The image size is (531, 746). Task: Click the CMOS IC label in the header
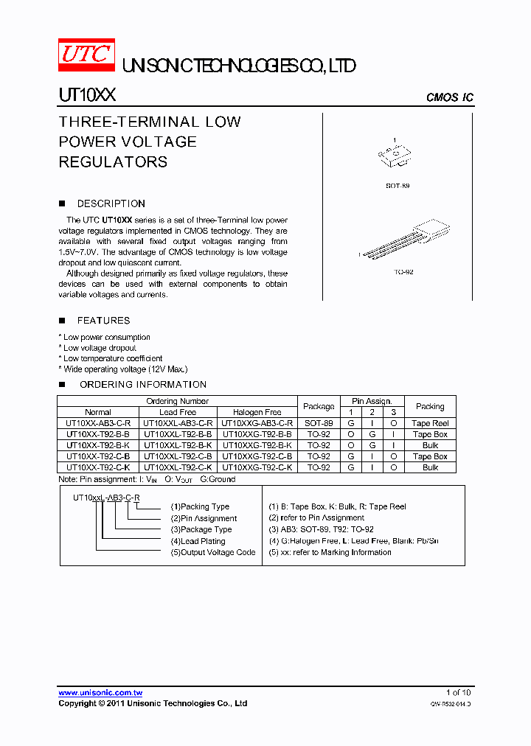click(x=450, y=98)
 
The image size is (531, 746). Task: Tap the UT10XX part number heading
click(x=86, y=96)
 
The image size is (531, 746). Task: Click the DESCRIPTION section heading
click(x=111, y=203)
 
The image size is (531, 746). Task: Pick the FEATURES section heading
click(x=103, y=321)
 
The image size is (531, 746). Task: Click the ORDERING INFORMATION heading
click(x=142, y=384)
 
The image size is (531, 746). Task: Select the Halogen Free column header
click(x=257, y=412)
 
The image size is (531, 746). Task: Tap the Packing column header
click(x=430, y=406)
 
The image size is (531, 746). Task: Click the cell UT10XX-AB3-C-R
click(x=98, y=423)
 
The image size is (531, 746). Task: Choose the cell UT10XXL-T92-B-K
click(x=178, y=445)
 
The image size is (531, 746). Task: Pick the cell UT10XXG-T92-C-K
click(x=257, y=467)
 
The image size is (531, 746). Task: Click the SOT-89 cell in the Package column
click(x=319, y=423)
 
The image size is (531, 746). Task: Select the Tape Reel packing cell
click(x=430, y=423)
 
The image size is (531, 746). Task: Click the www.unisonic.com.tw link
click(x=100, y=693)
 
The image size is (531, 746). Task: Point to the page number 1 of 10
click(x=458, y=693)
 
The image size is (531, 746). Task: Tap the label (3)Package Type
click(x=201, y=529)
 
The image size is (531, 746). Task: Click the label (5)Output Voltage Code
click(x=213, y=552)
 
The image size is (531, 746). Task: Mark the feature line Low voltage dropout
click(x=99, y=348)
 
